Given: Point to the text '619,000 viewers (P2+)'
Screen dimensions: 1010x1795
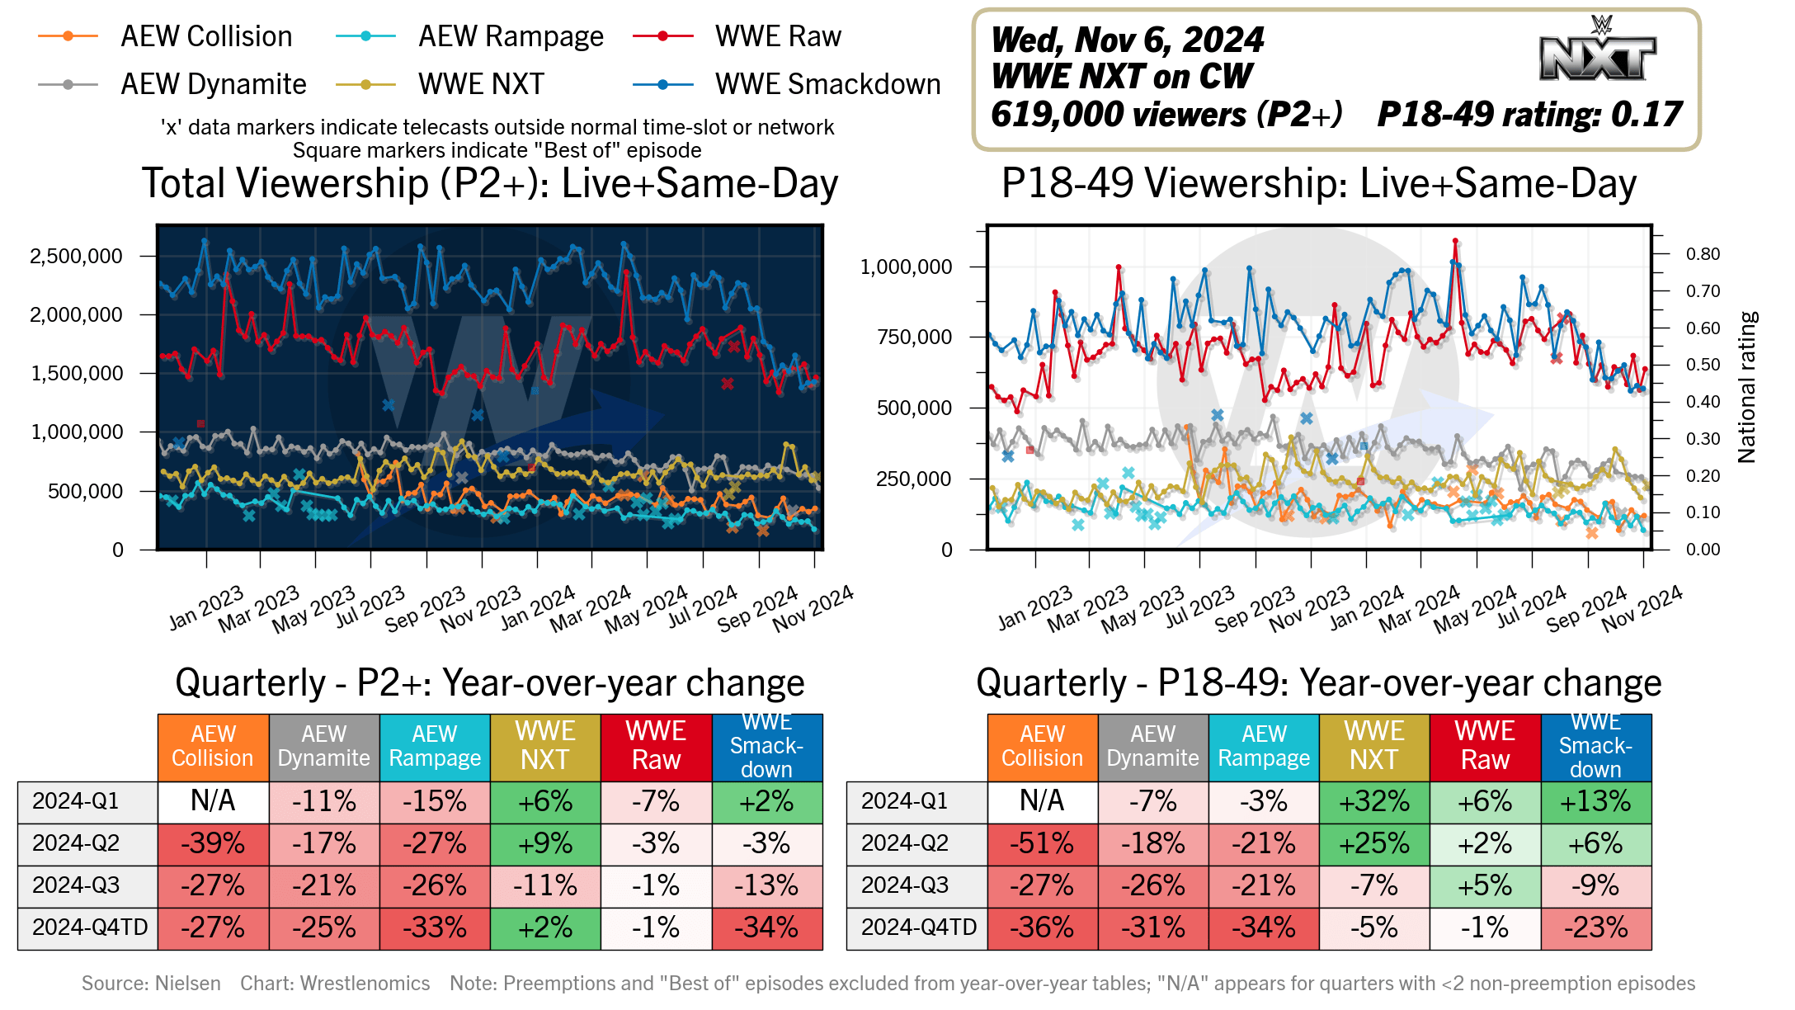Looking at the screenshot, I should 1166,114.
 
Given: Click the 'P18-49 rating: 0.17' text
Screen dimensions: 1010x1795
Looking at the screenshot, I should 1529,114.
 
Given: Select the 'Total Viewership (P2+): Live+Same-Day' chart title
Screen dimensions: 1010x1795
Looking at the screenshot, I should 490,183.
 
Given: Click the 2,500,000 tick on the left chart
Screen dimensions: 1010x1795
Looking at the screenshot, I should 76,256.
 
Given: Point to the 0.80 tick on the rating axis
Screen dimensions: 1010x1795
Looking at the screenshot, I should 1703,254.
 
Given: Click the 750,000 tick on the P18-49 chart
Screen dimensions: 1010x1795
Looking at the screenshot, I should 914,337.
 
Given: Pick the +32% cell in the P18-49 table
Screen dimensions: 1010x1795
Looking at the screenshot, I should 1374,801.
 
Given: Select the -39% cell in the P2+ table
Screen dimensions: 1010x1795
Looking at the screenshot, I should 213,843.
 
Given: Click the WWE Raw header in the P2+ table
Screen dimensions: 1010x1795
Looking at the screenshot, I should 656,746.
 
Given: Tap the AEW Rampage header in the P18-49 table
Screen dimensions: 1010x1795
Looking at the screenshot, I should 1264,746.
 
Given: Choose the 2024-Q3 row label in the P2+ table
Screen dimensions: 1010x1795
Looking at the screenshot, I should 76,885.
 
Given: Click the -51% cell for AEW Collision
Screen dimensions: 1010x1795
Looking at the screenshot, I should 1042,843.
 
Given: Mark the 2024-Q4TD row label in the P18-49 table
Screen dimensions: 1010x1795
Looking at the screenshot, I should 918,927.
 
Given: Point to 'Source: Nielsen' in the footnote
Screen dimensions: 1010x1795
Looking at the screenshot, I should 151,983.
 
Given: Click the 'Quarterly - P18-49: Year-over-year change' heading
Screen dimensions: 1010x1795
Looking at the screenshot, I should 1318,683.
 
